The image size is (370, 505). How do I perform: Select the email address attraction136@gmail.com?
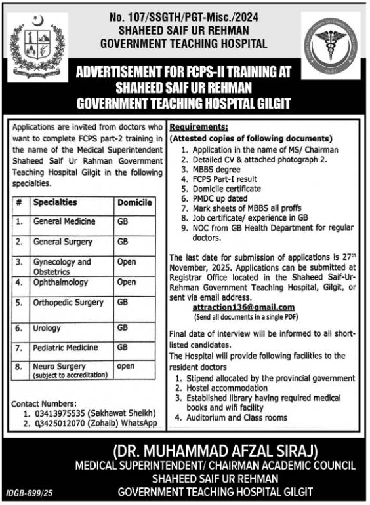tap(243, 307)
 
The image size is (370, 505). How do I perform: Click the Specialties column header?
tap(55, 203)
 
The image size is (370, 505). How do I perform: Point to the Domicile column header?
tap(135, 203)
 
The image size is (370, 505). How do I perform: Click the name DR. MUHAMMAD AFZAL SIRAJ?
tap(215, 451)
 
